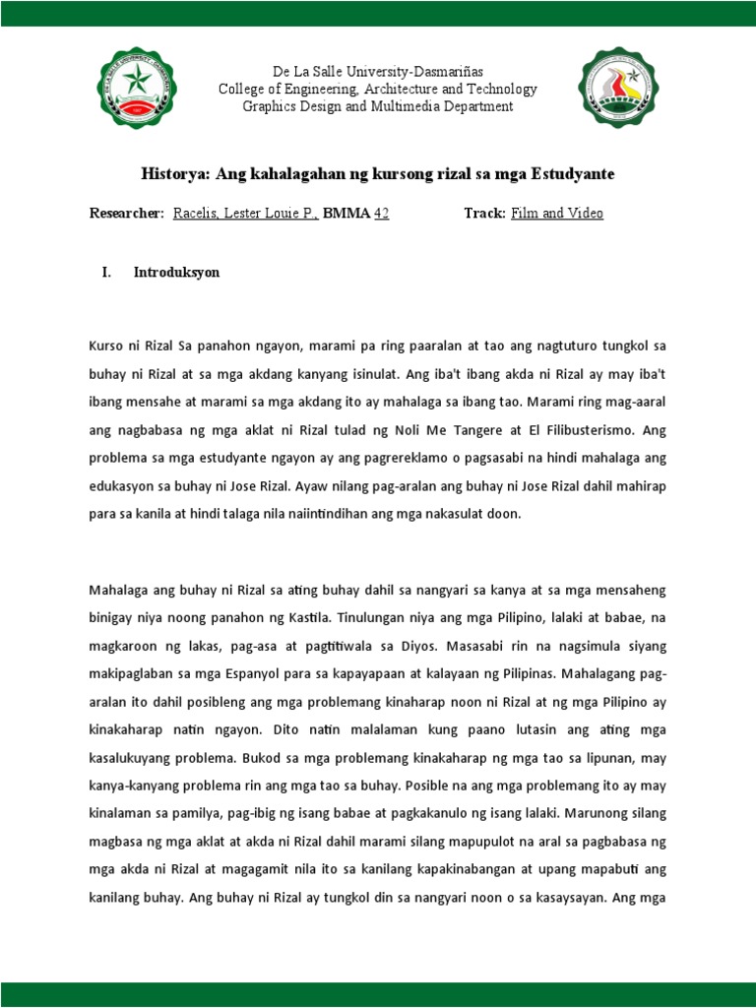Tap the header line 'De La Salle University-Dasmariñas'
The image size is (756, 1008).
click(x=378, y=71)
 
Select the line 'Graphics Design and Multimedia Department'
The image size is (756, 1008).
click(x=378, y=106)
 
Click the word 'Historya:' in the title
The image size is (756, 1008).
click(x=176, y=173)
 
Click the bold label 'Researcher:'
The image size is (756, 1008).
click(x=127, y=213)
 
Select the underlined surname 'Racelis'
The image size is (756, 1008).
click(x=196, y=213)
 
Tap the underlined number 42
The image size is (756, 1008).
click(x=381, y=213)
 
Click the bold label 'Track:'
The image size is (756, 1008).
click(x=485, y=213)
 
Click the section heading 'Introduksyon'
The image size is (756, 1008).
click(x=176, y=273)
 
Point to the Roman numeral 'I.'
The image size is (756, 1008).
click(x=106, y=273)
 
